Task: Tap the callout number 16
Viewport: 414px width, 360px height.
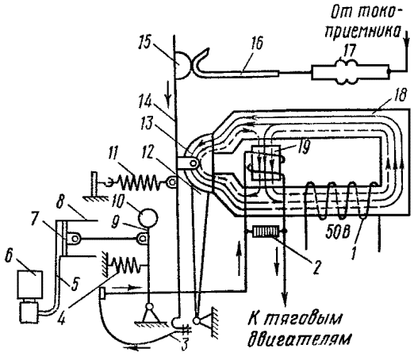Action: coord(255,43)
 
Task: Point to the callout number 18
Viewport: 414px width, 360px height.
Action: coord(399,95)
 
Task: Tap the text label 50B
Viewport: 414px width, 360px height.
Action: coord(338,233)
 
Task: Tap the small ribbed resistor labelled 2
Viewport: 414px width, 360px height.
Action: coord(266,232)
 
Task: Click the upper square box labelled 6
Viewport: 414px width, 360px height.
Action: coord(30,284)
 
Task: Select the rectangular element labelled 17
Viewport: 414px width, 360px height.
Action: coord(351,72)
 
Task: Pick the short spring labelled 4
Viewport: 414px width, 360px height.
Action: coord(126,265)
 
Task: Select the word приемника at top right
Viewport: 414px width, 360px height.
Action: coord(362,30)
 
